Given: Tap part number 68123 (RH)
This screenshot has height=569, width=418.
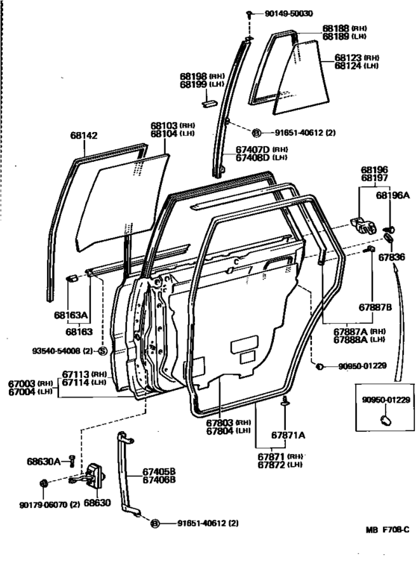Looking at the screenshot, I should coord(356,57).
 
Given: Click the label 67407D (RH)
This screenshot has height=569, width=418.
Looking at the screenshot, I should coord(261,149).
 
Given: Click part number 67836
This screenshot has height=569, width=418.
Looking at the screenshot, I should coord(391,257).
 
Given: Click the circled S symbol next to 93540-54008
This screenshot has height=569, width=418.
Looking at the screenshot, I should coord(102,350).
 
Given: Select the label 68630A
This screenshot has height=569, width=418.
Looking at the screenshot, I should coord(43,461).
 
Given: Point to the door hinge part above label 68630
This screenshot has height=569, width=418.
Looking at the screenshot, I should coord(95,476).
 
